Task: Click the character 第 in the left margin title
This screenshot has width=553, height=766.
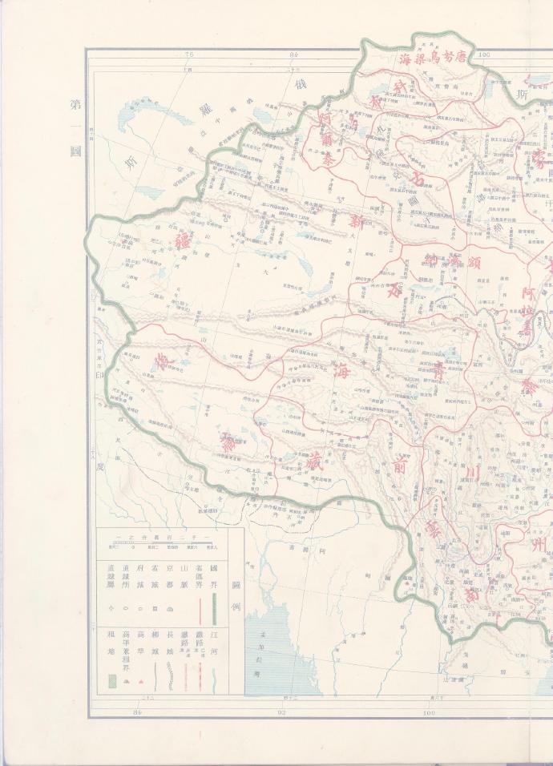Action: (x=75, y=105)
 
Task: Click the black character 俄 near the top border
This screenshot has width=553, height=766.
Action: (x=303, y=85)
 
